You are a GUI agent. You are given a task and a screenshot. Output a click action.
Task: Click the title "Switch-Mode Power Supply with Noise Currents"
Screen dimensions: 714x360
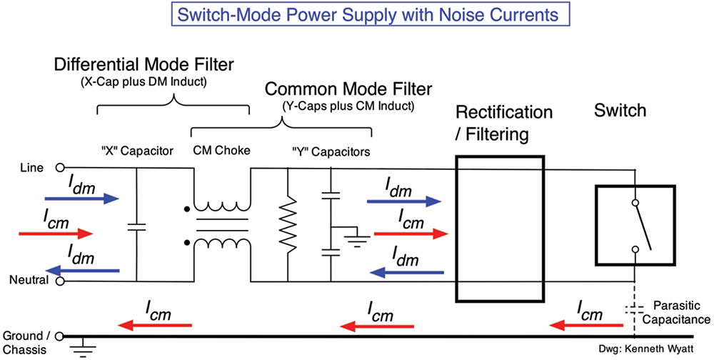pyautogui.click(x=368, y=14)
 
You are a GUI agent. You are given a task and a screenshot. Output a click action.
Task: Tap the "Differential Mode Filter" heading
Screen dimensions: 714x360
pyautogui.click(x=144, y=65)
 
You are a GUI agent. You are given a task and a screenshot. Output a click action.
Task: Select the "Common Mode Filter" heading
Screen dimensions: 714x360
pyautogui.click(x=348, y=89)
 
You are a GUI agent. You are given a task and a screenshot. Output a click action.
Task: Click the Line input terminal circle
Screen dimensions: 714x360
pyautogui.click(x=60, y=168)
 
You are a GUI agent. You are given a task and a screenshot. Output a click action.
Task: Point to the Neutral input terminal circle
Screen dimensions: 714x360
pyautogui.click(x=60, y=281)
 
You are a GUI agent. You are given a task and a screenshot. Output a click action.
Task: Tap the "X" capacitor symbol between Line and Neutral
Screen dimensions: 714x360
pyautogui.click(x=136, y=226)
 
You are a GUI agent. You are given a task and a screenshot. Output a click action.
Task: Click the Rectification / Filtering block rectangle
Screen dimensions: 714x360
pyautogui.click(x=500, y=229)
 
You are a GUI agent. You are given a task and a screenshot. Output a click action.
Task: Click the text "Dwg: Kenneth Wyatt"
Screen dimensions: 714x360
pyautogui.click(x=646, y=349)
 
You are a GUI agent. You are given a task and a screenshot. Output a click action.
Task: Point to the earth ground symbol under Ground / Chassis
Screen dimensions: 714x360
pyautogui.click(x=84, y=349)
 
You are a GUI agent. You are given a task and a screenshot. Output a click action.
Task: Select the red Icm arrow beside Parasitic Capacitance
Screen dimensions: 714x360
pyautogui.click(x=586, y=326)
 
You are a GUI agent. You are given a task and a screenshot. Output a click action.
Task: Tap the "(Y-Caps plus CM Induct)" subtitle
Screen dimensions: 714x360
pyautogui.click(x=348, y=106)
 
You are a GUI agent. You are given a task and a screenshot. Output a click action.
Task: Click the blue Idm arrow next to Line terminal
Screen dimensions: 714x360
pyautogui.click(x=81, y=199)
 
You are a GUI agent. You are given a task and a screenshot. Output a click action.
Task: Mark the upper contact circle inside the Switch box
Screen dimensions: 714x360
pyautogui.click(x=635, y=203)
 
